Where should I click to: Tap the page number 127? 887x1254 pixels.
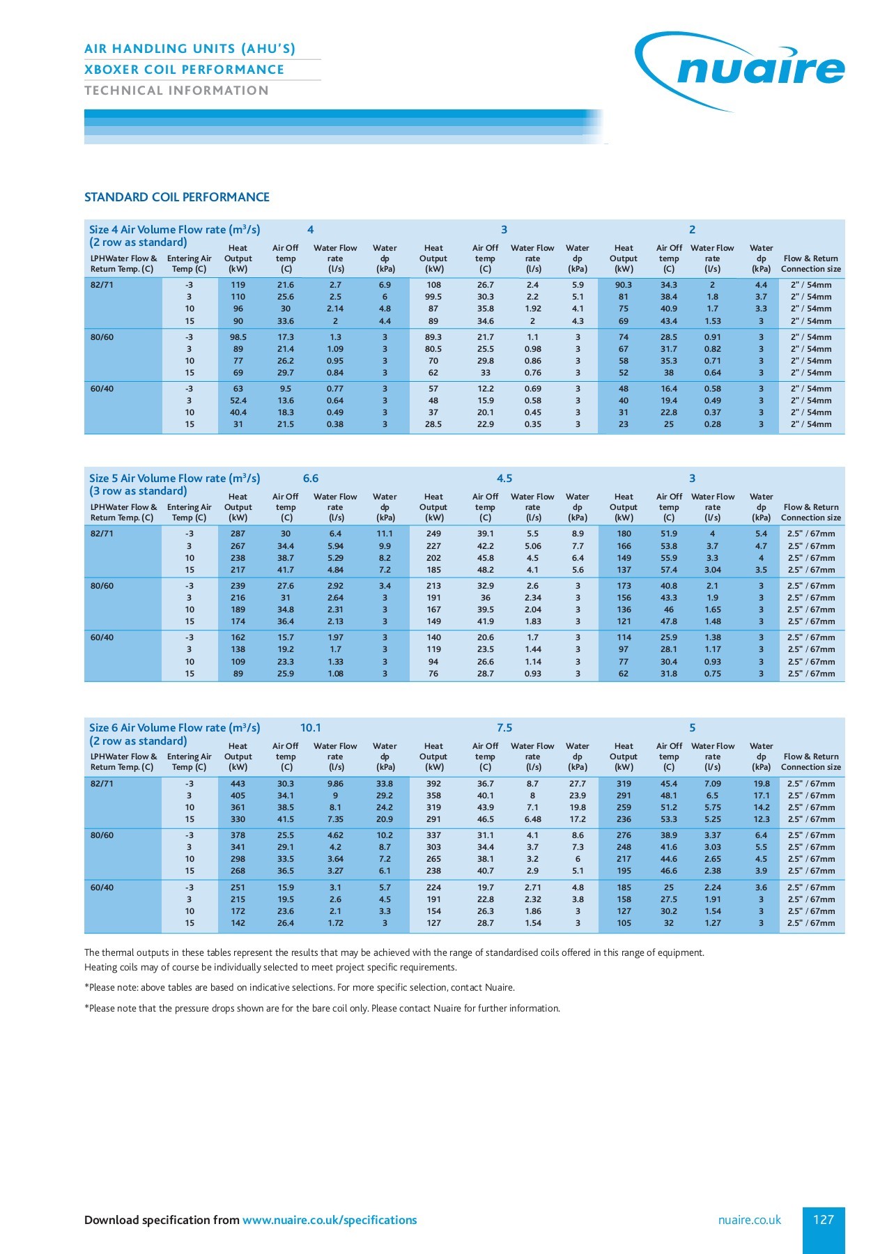tap(823, 1220)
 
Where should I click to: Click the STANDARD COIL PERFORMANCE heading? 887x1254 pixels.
tap(176, 197)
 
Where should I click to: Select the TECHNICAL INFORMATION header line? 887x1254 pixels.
tap(176, 91)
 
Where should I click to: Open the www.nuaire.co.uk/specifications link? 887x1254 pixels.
tap(329, 1220)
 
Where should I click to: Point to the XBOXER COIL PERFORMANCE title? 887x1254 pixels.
tap(184, 70)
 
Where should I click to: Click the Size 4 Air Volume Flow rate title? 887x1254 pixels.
tap(174, 229)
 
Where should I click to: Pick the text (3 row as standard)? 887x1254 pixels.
tap(138, 491)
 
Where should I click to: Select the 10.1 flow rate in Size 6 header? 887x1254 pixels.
tap(311, 727)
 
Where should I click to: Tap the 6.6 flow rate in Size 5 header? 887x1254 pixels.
tap(311, 479)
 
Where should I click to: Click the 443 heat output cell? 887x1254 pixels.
tap(238, 784)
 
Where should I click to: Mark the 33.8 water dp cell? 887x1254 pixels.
tap(385, 784)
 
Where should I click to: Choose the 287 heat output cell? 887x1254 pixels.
tap(238, 534)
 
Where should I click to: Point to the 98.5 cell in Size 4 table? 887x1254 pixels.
tap(238, 337)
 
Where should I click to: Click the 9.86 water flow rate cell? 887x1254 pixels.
tap(335, 784)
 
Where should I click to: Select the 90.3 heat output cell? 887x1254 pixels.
tap(624, 285)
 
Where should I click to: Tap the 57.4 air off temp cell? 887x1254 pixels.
tap(669, 570)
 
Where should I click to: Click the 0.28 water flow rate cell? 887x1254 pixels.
tap(712, 424)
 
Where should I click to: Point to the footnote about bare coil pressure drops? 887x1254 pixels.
tap(322, 1008)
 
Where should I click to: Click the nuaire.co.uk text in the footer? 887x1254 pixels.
tap(749, 1220)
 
